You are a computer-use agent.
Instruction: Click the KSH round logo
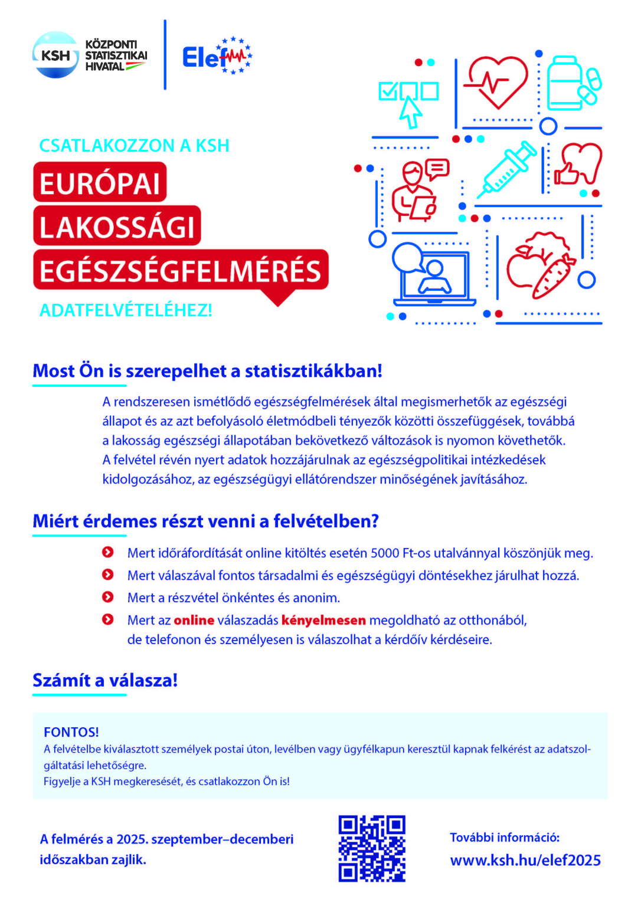point(55,55)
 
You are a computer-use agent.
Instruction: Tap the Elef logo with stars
point(217,56)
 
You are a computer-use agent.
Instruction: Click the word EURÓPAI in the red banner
point(100,183)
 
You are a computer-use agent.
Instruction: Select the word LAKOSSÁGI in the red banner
point(117,226)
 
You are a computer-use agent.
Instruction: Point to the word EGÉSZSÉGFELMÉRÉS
point(180,271)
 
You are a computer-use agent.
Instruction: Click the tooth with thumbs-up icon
point(576,165)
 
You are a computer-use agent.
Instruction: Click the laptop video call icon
point(433,275)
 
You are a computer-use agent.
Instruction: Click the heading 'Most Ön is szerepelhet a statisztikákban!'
point(207,370)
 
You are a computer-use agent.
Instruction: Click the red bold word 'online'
point(194,620)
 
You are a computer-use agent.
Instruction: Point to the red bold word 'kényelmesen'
point(323,620)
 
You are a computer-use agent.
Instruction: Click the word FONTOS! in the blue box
point(71,732)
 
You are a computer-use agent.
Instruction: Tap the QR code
point(372,849)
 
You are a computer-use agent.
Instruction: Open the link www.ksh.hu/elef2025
point(525,860)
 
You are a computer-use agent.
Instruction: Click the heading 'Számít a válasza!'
point(105,680)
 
